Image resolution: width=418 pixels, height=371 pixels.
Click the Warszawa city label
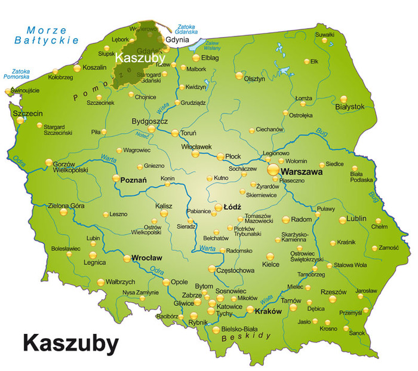point(302,171)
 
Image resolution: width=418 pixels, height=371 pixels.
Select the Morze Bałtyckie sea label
point(47,35)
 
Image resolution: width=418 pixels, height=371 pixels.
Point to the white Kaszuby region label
point(140,58)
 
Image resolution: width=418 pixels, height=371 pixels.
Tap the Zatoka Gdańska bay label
point(188,29)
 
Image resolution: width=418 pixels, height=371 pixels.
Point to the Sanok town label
point(357,332)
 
